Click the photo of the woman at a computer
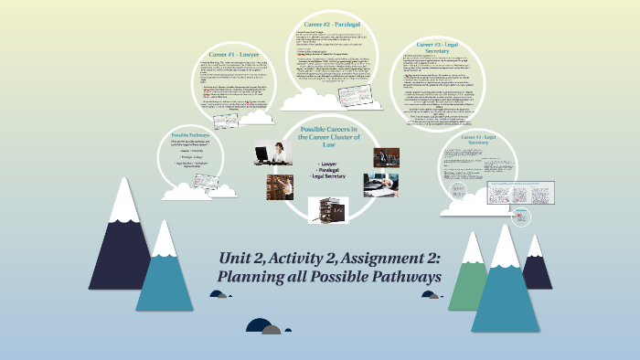point(273,153)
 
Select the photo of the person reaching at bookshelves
point(280,187)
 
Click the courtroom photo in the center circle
point(386,157)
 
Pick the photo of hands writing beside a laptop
point(380,185)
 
